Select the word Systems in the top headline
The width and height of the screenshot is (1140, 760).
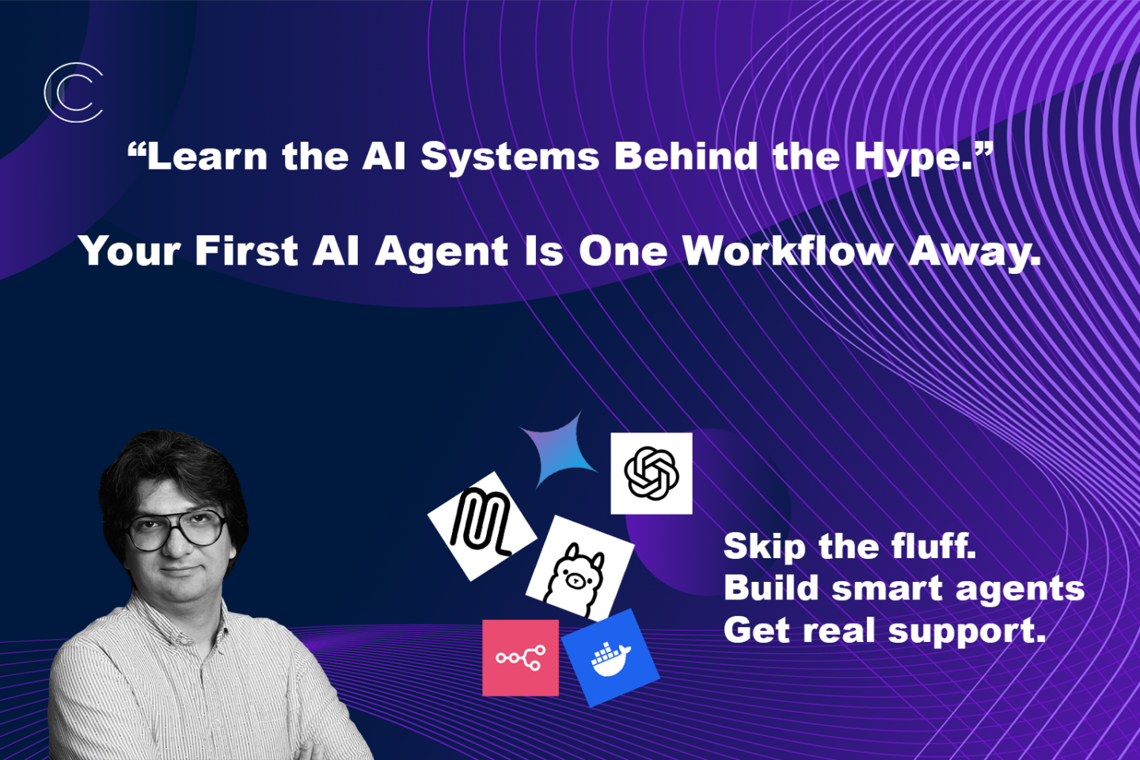coord(510,158)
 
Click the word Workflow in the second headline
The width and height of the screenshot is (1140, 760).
coord(788,252)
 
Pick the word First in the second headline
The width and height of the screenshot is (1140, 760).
coord(246,251)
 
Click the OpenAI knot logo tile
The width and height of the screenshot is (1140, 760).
coord(652,473)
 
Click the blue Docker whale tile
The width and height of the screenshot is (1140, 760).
coord(610,658)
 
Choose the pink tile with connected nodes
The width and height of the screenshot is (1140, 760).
coord(520,658)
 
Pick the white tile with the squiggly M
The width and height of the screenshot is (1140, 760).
coord(482,526)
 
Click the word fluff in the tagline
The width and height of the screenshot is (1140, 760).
coord(933,546)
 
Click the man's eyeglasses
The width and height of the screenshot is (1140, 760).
coord(176,531)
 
